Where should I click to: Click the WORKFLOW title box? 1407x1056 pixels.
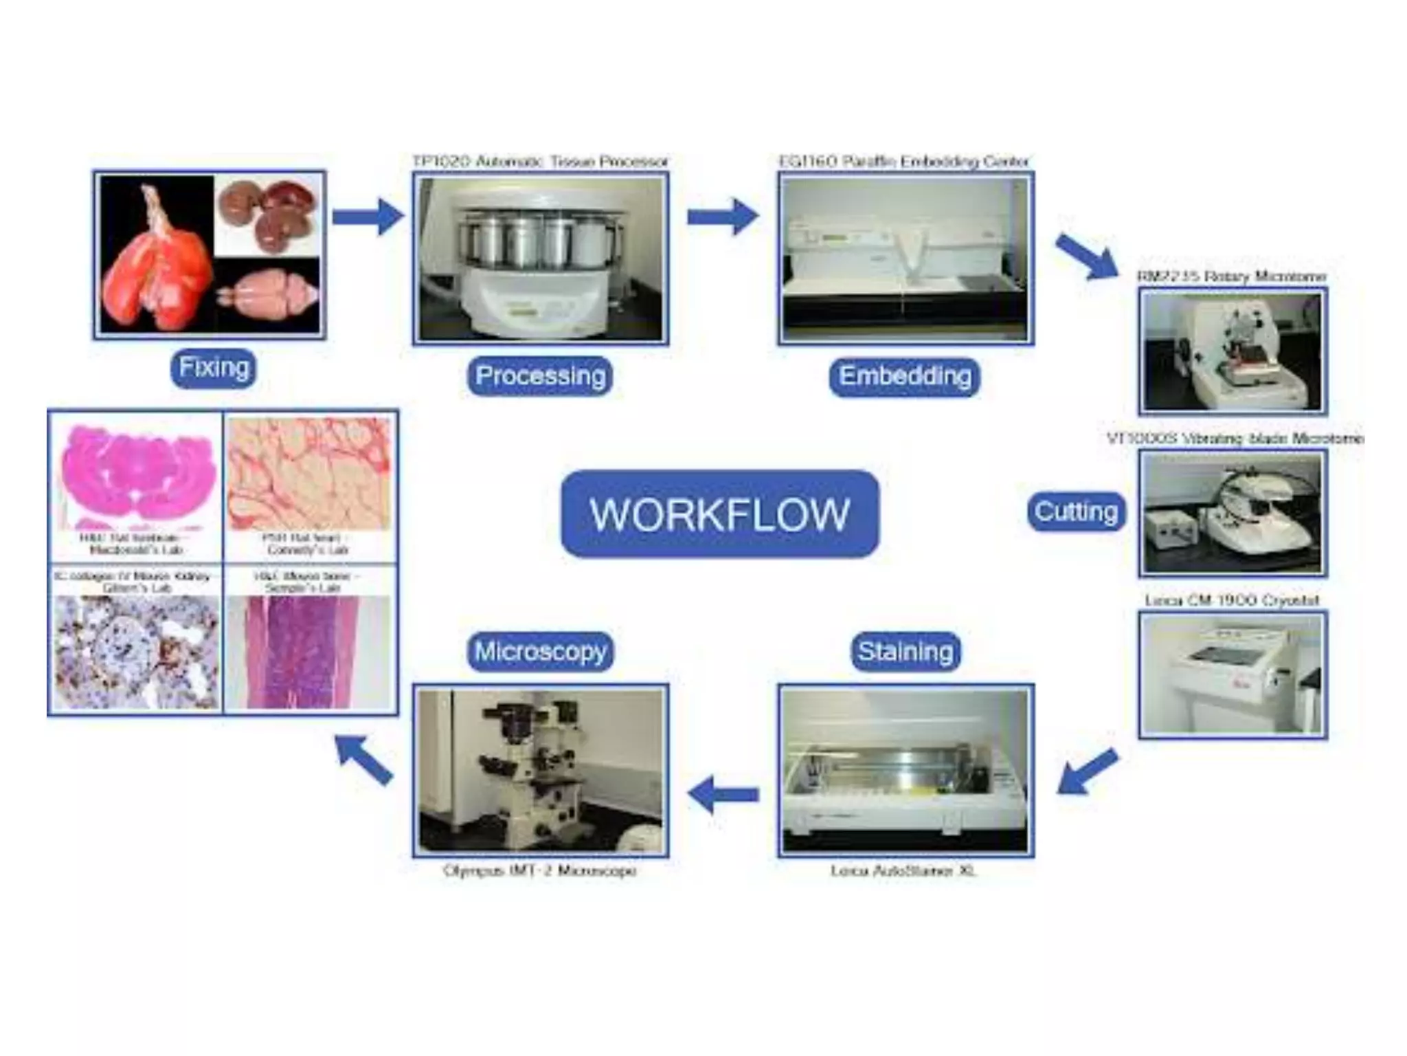[719, 514]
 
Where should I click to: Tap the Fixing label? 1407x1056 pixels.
[213, 368]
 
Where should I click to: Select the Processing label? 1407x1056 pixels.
[540, 376]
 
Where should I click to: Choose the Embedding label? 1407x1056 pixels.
[905, 376]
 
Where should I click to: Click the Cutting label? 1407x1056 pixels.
[1076, 511]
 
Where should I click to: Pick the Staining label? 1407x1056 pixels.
[905, 651]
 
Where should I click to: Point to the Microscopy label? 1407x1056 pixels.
[540, 651]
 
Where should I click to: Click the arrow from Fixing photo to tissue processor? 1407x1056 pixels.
[368, 217]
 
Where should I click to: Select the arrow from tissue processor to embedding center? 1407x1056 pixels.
[723, 217]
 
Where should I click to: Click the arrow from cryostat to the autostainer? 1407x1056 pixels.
[1087, 771]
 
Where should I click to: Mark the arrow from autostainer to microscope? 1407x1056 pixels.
[723, 795]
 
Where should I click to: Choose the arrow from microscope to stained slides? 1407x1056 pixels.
[364, 760]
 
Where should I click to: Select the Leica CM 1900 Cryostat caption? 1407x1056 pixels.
[1232, 600]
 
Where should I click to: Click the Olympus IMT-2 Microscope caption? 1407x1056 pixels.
[539, 871]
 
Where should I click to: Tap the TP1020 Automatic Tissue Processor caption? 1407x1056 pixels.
[540, 162]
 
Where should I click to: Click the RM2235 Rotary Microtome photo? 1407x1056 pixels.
[1232, 351]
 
